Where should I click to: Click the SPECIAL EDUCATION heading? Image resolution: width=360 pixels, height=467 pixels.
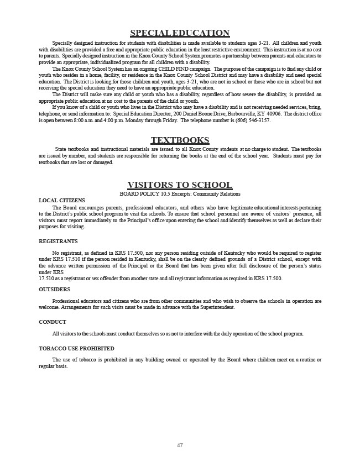(x=180, y=33)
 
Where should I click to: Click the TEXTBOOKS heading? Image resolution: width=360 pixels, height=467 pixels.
(x=180, y=140)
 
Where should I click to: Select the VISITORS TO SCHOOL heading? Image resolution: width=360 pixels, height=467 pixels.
(x=180, y=185)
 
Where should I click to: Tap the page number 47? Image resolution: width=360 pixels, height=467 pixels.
(x=180, y=445)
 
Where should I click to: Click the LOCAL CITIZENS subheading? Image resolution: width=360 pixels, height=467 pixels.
(x=62, y=200)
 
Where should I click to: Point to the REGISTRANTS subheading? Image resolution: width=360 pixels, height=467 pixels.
(x=58, y=242)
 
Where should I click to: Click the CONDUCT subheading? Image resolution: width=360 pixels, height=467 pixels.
(x=53, y=322)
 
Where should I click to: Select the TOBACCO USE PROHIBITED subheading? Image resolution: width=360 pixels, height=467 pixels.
(x=76, y=349)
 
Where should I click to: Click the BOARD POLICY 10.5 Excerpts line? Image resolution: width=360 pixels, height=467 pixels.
(x=180, y=194)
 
